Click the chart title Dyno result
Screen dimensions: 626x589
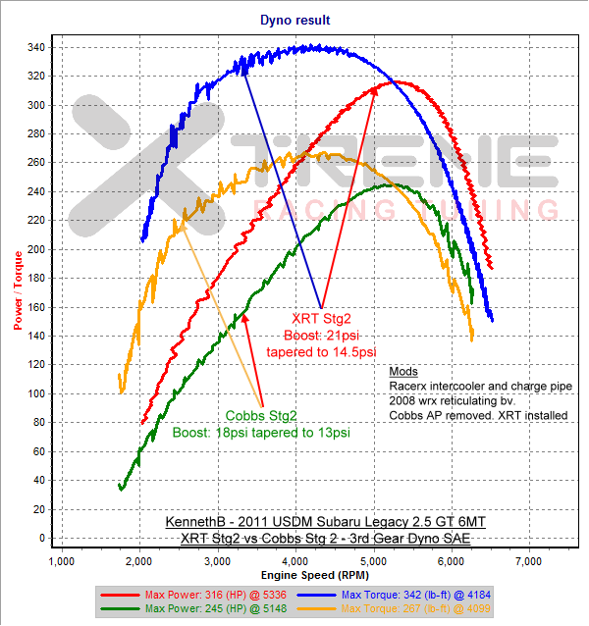[x=294, y=20]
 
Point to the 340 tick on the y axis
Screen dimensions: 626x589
[x=34, y=48]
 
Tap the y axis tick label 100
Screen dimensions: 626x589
[x=34, y=394]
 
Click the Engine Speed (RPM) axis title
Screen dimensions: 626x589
[x=294, y=574]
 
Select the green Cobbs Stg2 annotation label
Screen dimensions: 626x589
[x=260, y=415]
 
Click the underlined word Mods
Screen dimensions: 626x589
[x=402, y=372]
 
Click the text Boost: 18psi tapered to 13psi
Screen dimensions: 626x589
[x=261, y=432]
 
